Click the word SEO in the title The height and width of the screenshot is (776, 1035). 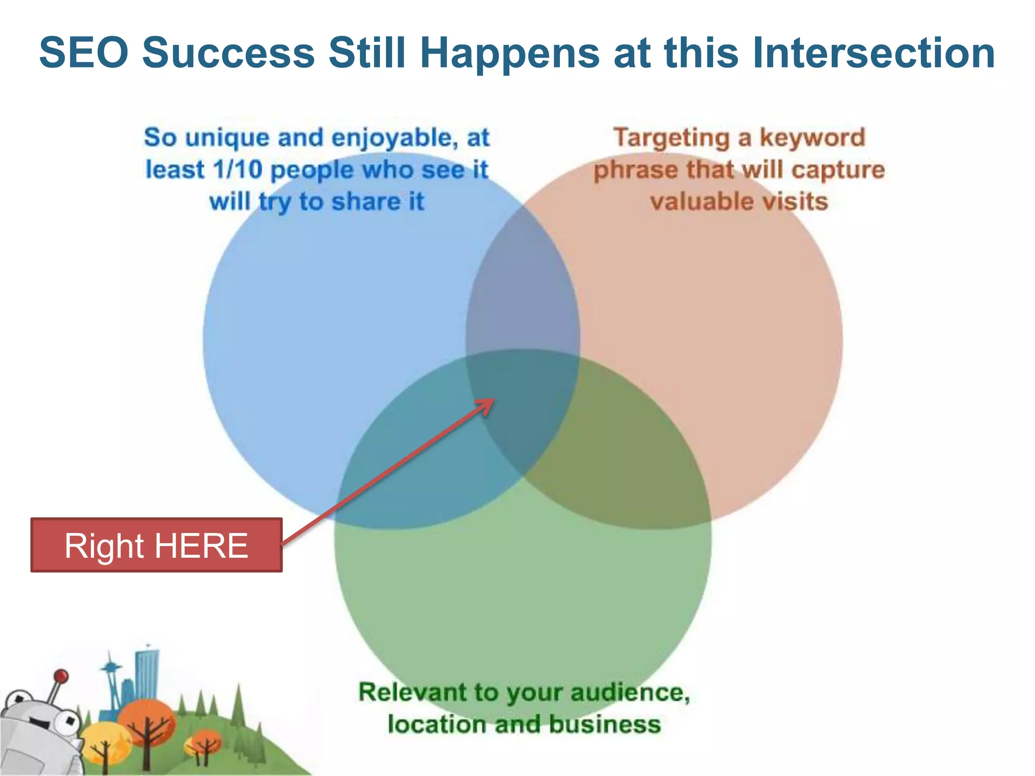(83, 53)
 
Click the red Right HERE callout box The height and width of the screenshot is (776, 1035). (156, 545)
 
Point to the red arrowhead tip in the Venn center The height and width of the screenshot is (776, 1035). (492, 401)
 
